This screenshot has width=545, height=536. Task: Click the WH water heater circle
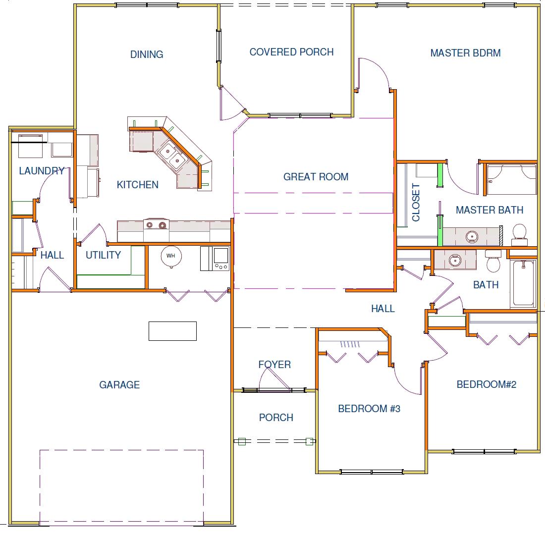click(171, 256)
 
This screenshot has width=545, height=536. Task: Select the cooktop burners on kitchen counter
click(156, 225)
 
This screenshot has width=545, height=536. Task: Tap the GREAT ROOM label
click(316, 176)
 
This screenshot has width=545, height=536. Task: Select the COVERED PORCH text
click(291, 52)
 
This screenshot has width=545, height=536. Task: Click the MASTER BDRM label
click(465, 53)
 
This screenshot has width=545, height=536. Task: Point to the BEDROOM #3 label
click(369, 408)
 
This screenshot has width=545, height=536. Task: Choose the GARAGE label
click(119, 385)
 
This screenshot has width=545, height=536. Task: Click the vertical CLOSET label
click(416, 202)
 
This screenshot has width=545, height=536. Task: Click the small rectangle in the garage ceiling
click(172, 331)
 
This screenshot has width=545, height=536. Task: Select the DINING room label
click(146, 54)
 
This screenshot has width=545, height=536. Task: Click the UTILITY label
click(103, 255)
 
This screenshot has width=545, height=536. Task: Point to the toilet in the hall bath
click(493, 261)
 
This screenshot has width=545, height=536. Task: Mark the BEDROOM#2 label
click(486, 384)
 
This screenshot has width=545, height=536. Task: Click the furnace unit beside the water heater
click(215, 258)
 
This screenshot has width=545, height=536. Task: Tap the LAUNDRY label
click(42, 171)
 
